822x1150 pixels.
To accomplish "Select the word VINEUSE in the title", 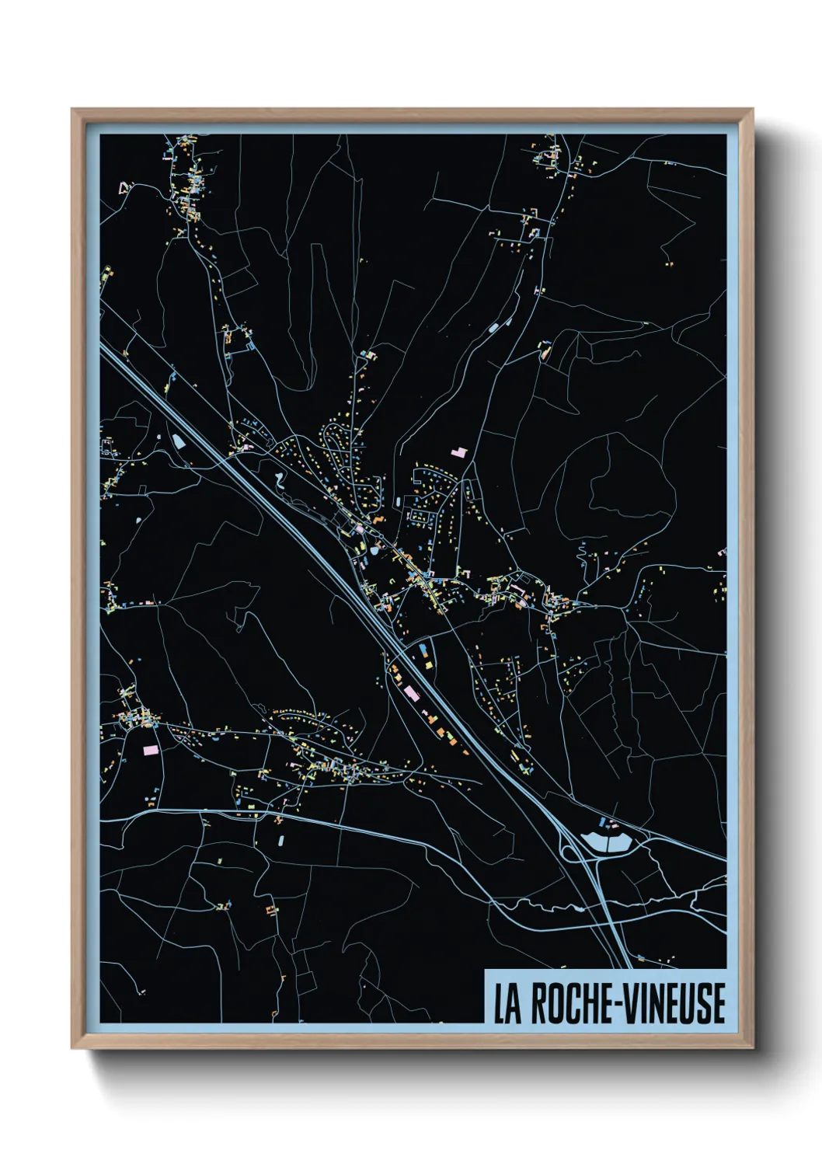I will (x=676, y=1003).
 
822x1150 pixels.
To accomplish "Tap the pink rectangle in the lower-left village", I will (x=151, y=750).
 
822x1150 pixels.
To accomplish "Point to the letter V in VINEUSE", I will (x=632, y=1003).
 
